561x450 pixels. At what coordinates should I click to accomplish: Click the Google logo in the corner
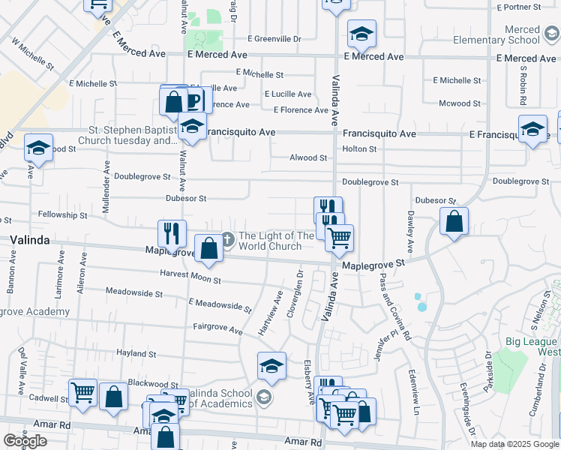[25, 441]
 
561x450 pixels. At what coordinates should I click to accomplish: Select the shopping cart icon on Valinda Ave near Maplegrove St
[340, 238]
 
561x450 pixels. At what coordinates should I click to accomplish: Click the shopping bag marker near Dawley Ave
[454, 221]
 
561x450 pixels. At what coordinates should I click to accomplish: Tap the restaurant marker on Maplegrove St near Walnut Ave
[172, 233]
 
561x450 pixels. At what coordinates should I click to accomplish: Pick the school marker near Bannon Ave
[38, 148]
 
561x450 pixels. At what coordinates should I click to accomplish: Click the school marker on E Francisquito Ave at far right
[532, 128]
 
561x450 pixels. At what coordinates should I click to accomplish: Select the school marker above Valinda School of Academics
[271, 365]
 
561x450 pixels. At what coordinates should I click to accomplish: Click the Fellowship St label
[62, 215]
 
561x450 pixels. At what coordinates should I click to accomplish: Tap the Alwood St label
[309, 158]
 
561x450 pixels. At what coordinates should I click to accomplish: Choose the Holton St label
[359, 149]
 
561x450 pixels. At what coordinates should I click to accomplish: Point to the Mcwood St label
[460, 103]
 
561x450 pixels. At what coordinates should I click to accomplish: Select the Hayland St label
[135, 353]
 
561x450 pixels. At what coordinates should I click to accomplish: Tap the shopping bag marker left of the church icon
[208, 248]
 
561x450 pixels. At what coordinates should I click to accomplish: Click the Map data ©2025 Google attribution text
[514, 444]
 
